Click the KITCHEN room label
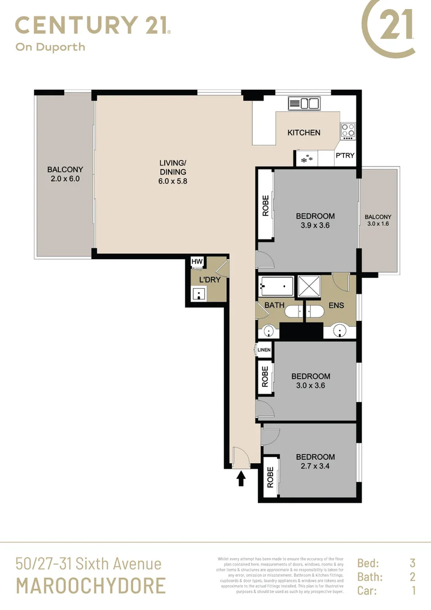click(304, 133)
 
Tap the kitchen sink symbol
click(304, 103)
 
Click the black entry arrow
click(241, 479)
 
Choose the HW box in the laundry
click(197, 262)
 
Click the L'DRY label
click(209, 280)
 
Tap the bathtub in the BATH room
click(276, 286)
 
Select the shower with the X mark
click(309, 286)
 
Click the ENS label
click(337, 305)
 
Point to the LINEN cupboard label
click(264, 350)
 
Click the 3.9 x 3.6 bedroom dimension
click(315, 225)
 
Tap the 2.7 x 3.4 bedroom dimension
click(315, 467)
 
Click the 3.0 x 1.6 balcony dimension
click(377, 224)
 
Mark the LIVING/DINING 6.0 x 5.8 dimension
click(173, 182)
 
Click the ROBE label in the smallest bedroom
click(270, 477)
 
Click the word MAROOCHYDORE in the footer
click(91, 586)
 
